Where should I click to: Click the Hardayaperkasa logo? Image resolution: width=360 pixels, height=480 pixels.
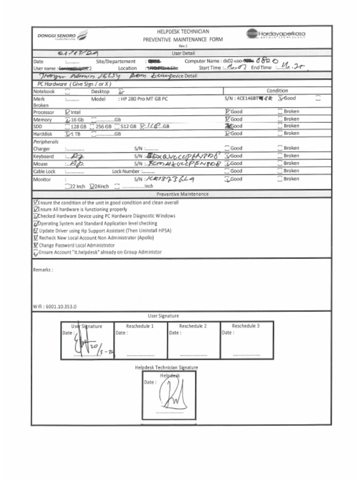[276, 34]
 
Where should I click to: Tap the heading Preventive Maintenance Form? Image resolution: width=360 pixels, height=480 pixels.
[183, 39]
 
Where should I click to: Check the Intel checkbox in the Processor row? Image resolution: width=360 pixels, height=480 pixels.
[68, 112]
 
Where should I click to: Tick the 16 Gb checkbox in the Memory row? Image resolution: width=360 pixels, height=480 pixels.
[68, 120]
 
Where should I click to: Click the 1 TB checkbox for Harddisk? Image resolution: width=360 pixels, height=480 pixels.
[68, 134]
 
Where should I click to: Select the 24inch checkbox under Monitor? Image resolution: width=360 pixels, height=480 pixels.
[92, 186]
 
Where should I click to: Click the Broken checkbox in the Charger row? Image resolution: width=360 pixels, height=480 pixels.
[280, 148]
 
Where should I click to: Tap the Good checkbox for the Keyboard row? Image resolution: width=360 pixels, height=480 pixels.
[227, 156]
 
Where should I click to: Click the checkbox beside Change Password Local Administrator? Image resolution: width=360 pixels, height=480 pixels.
[36, 245]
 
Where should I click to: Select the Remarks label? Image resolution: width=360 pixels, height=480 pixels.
[43, 270]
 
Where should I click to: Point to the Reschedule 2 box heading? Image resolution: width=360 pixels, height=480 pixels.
[193, 326]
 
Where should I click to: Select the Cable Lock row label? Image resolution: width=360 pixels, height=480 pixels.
[44, 172]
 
